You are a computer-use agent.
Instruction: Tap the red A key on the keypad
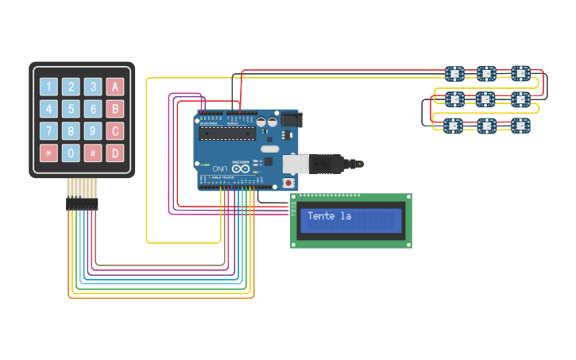point(115,87)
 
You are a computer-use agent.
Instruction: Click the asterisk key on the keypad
point(49,153)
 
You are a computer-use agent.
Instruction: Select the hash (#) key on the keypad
point(93,153)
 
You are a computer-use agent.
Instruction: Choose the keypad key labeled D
point(115,153)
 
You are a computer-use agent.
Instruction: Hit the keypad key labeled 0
point(72,153)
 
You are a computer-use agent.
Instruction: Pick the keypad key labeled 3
point(93,87)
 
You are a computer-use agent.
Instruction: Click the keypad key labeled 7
point(49,131)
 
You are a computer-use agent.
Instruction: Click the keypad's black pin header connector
point(82,203)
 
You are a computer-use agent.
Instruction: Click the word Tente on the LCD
point(321,216)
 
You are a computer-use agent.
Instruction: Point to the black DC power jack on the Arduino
point(291,119)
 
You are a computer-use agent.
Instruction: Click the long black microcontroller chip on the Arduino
point(227,133)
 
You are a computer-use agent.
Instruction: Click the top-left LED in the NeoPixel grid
point(454,74)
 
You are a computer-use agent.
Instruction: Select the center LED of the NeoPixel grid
point(486,99)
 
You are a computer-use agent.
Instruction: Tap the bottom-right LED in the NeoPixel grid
point(520,126)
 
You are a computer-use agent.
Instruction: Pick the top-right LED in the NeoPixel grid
point(520,74)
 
